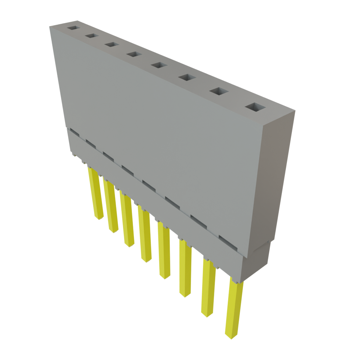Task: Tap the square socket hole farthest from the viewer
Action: (74, 27)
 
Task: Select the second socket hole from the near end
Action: (219, 91)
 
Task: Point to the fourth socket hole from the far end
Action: (133, 54)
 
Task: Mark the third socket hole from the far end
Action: (111, 44)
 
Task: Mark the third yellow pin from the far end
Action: (127, 220)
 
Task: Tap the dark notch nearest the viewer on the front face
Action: (227, 240)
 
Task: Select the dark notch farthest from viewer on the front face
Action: (73, 131)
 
